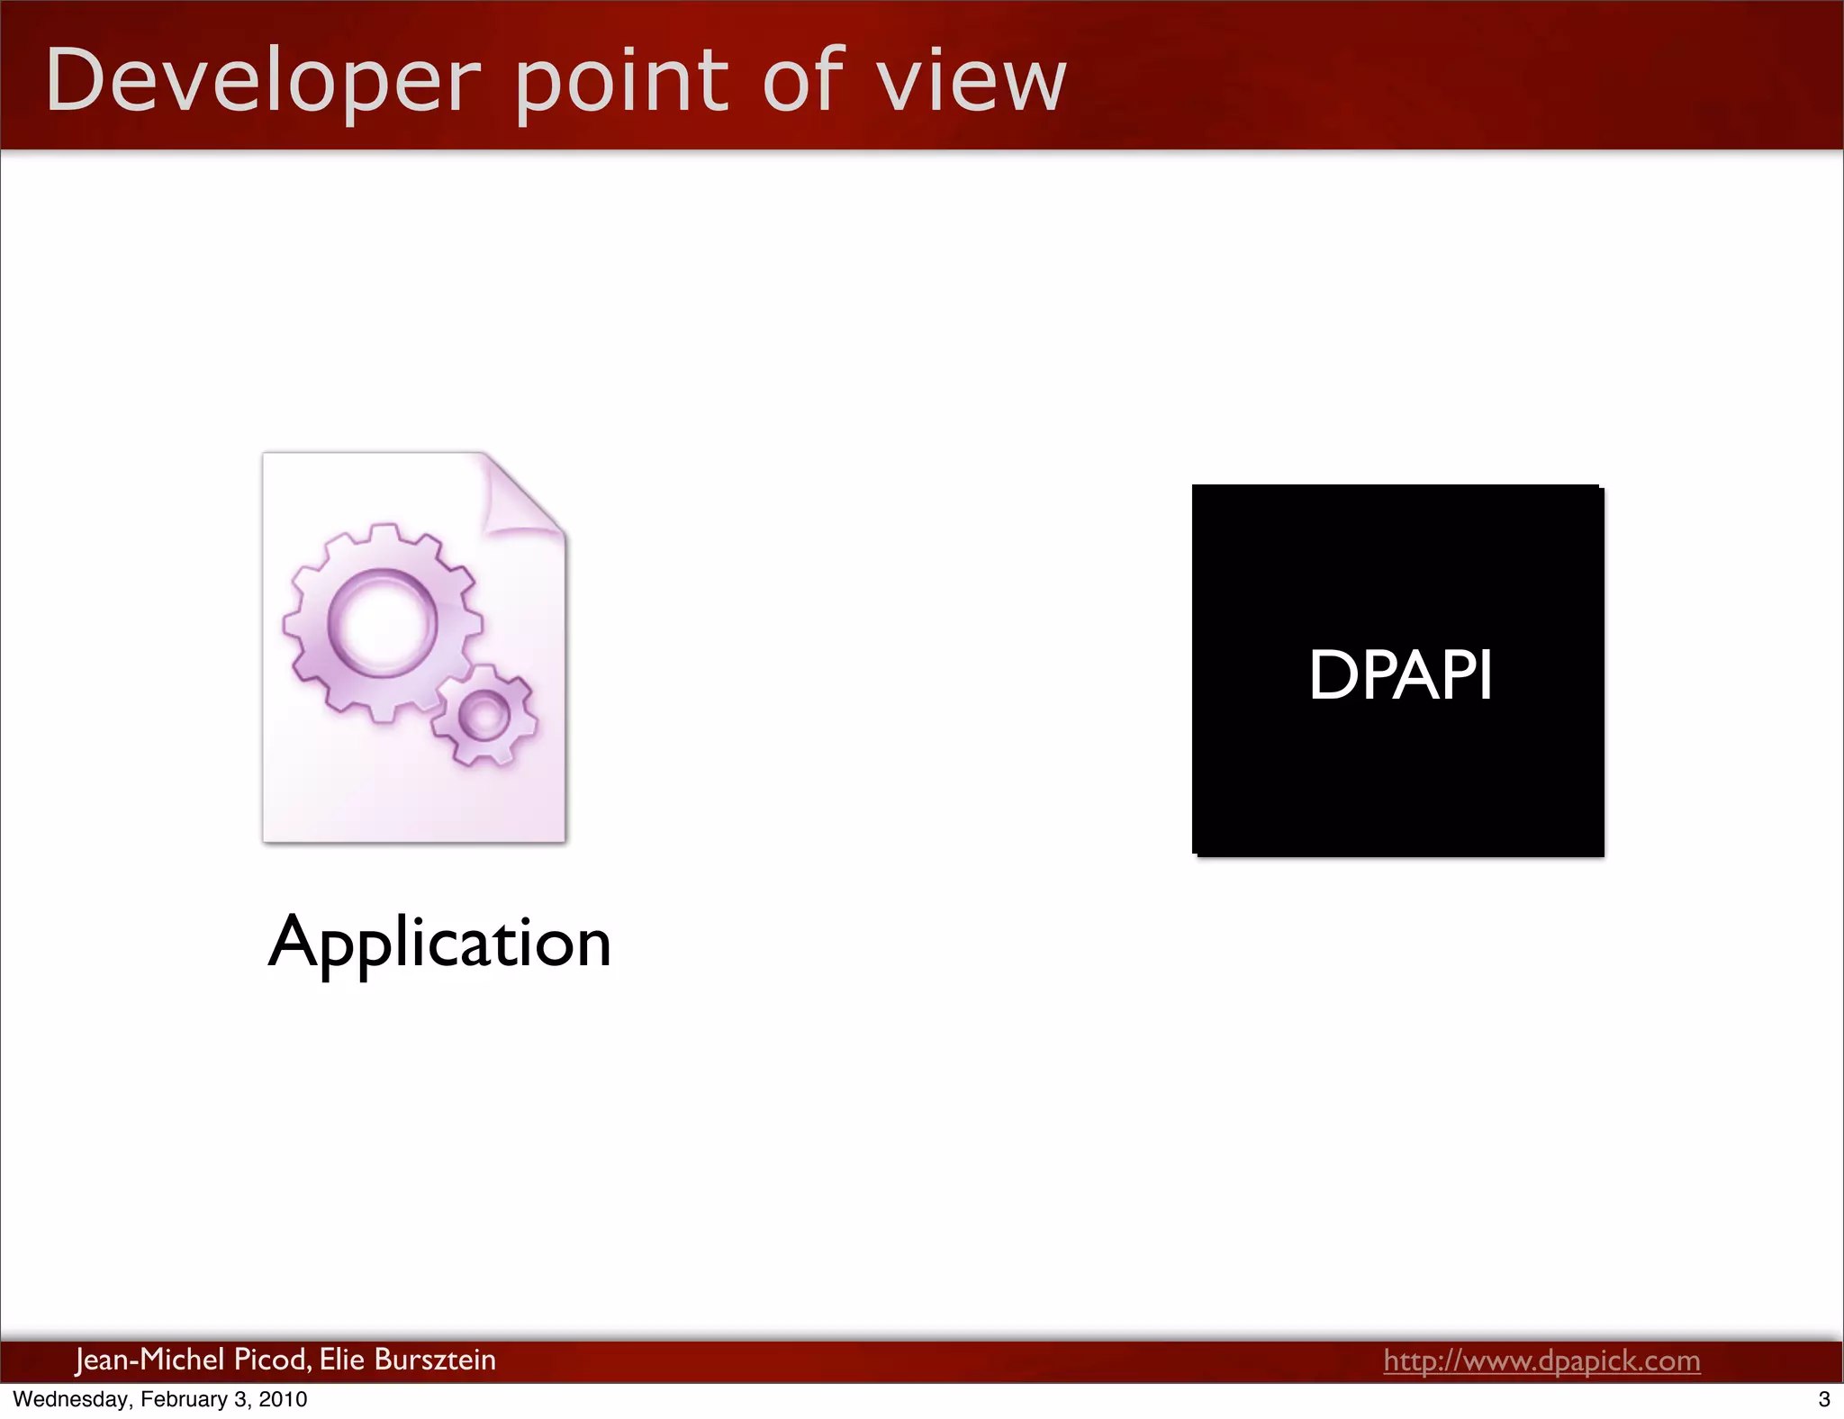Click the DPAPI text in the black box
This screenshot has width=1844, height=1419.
tap(1400, 674)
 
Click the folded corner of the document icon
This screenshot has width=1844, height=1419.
tap(520, 495)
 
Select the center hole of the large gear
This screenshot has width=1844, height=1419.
tap(382, 622)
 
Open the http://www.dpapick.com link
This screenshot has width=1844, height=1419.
tap(1541, 1360)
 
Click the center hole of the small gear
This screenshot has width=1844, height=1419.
tap(484, 716)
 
